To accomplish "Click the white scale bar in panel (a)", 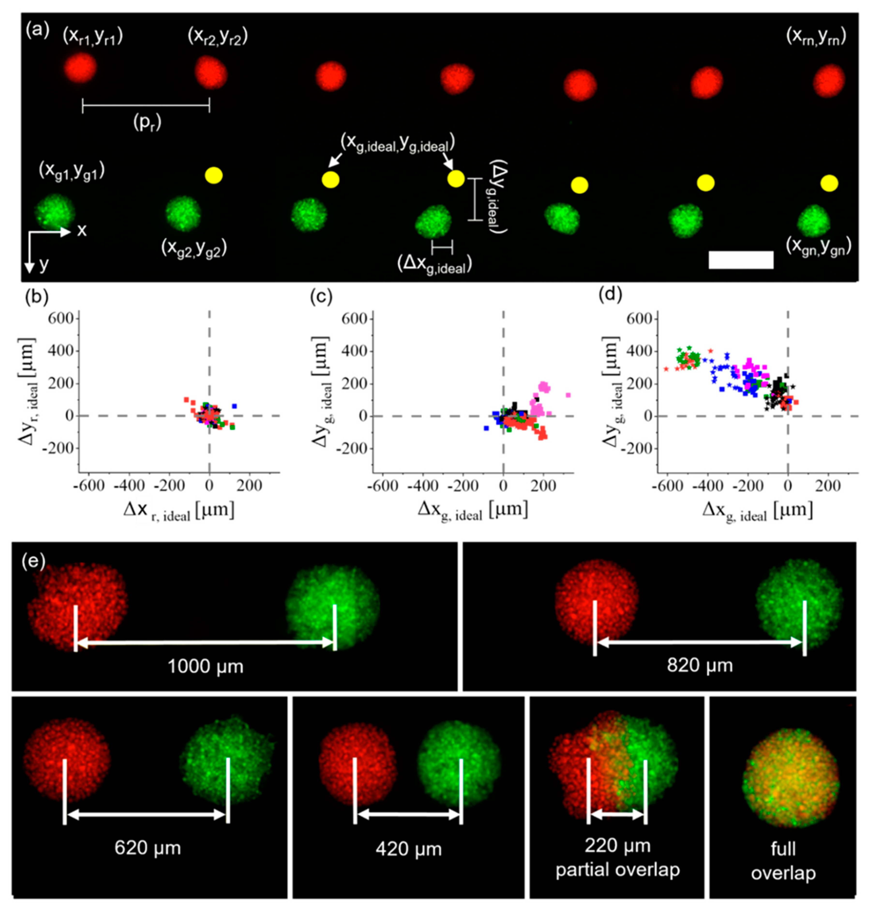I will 741,260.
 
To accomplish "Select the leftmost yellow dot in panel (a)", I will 214,176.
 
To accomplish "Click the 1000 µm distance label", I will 205,666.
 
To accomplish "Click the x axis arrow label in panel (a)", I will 82,230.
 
